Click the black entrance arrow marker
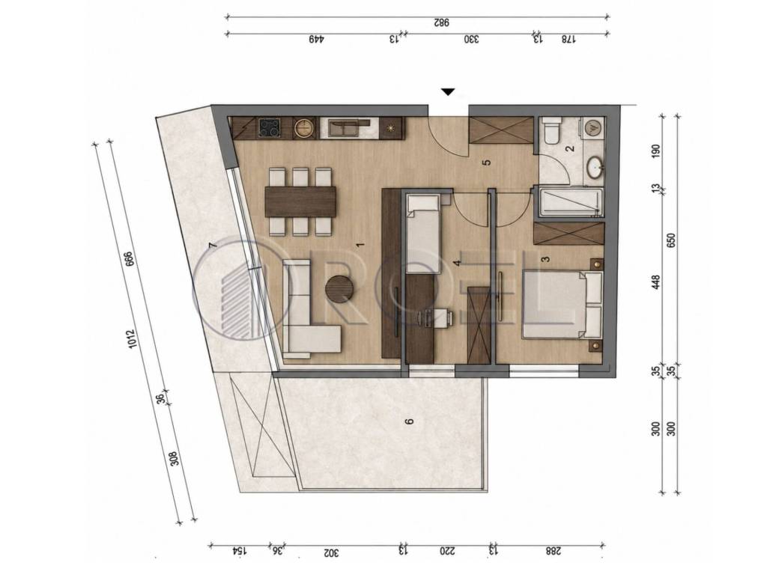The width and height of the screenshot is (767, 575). [x=448, y=92]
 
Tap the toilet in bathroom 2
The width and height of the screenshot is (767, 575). [x=551, y=130]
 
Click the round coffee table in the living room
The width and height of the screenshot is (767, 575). [x=339, y=289]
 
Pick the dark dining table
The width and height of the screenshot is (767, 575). [x=300, y=201]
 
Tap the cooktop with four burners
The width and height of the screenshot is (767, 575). [x=268, y=129]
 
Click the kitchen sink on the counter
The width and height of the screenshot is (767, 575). [x=344, y=128]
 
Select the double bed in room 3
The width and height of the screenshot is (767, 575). [x=563, y=305]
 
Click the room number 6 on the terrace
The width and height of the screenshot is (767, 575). [x=410, y=421]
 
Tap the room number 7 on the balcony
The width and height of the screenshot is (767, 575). [x=212, y=246]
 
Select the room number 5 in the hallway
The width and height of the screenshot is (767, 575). [x=485, y=162]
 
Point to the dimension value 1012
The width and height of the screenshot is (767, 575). [x=131, y=338]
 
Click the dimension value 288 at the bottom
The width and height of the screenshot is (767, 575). [x=554, y=551]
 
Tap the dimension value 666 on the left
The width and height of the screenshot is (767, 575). [x=129, y=258]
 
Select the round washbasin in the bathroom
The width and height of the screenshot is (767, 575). [x=595, y=167]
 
